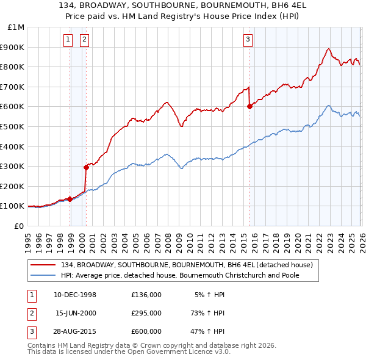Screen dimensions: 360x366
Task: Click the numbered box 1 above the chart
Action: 68,40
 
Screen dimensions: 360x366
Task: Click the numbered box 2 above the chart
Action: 84,40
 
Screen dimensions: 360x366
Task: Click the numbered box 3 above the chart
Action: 248,40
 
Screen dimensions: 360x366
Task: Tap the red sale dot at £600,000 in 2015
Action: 249,107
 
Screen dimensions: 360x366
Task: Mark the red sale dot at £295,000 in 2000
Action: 86,167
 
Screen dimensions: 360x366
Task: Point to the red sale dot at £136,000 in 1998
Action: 70,199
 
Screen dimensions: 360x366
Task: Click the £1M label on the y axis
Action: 16,27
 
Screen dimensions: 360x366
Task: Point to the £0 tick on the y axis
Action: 18,226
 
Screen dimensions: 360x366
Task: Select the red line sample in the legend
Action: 45,265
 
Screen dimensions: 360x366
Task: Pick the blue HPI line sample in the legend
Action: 45,275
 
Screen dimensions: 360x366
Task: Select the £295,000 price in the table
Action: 146,313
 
